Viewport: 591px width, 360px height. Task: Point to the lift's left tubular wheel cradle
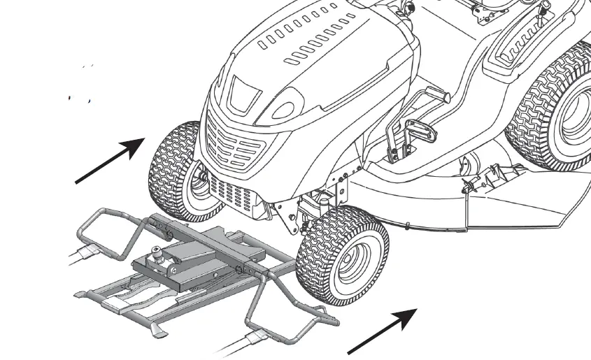[112, 231]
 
